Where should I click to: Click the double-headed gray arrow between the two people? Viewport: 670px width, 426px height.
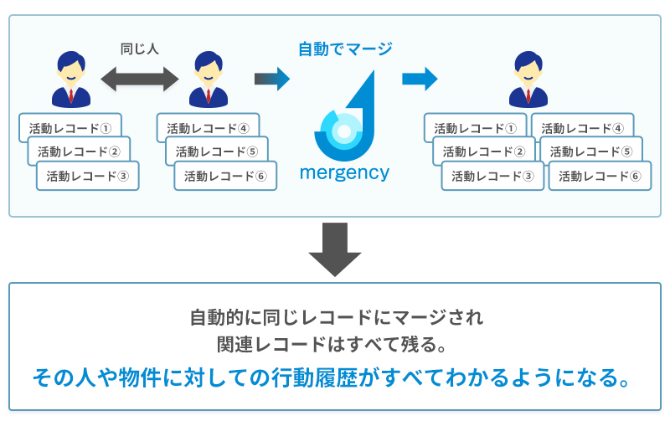coord(140,79)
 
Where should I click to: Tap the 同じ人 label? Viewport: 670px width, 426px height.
coord(140,49)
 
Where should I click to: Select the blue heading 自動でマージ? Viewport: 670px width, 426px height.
coord(345,49)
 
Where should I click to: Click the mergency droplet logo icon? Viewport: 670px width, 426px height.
coord(344,116)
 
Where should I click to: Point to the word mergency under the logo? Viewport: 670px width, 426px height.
coord(344,173)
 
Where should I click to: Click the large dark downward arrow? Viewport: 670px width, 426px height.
coord(335,249)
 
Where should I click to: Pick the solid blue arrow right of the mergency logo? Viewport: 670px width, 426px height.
coord(420,79)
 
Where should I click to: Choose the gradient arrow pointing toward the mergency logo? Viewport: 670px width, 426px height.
coord(272,79)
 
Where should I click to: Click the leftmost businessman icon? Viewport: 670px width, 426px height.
coord(71,80)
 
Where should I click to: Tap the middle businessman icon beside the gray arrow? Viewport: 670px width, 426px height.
coord(209,80)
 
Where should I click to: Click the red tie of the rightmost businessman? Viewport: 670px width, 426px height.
coord(528,95)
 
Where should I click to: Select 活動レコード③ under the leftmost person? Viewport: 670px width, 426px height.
coord(88,176)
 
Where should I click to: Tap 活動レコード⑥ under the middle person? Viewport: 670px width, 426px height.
coord(225,176)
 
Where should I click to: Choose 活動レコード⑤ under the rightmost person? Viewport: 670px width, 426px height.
coord(591,151)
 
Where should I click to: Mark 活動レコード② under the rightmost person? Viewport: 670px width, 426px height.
coord(484,151)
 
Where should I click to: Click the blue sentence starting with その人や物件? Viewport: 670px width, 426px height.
coord(332,377)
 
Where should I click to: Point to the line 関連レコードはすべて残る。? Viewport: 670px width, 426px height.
coord(332,345)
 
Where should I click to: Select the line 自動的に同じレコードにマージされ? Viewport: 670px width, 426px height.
coord(337,317)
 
